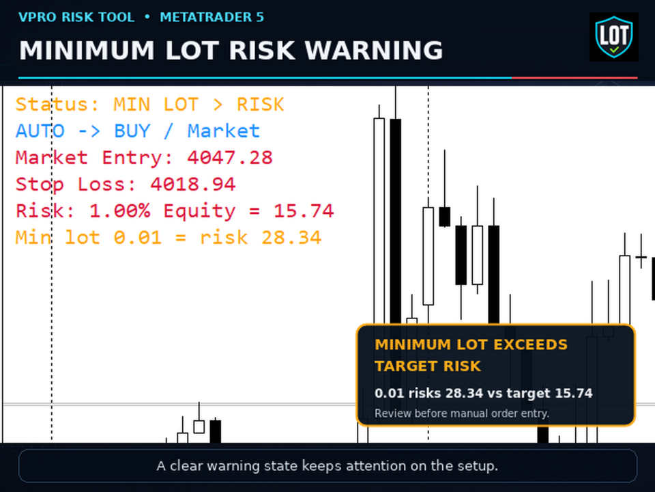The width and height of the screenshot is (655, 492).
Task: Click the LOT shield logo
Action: tap(613, 37)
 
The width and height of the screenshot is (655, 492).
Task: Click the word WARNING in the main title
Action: tap(373, 51)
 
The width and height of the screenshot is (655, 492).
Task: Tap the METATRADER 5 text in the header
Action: tap(212, 17)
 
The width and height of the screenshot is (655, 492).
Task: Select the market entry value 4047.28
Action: tap(230, 158)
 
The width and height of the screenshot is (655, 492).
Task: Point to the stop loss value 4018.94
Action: tap(193, 184)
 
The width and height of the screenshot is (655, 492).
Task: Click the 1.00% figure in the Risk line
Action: tap(120, 211)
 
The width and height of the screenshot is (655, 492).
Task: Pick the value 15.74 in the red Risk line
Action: tap(304, 211)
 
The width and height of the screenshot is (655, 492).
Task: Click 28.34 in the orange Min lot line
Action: tap(291, 238)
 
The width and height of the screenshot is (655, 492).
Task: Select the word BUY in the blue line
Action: tap(132, 131)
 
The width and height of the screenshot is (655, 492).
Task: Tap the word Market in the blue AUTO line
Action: tap(224, 131)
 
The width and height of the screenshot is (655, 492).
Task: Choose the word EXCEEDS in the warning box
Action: tap(531, 344)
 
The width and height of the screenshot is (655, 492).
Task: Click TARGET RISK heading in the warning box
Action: tap(428, 366)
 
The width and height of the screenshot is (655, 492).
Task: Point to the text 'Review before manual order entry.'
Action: tap(462, 413)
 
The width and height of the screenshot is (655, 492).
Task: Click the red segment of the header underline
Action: tap(574, 78)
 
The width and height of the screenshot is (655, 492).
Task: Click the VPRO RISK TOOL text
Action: tap(76, 17)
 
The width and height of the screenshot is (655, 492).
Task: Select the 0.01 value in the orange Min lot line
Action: tap(138, 238)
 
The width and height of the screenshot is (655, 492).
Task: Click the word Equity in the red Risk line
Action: tap(199, 211)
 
